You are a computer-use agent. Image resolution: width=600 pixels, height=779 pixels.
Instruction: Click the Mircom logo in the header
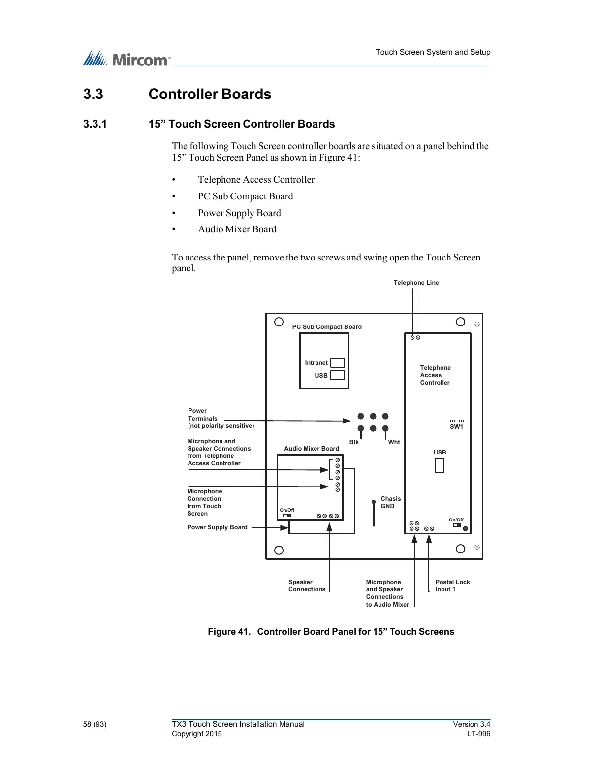[x=126, y=59]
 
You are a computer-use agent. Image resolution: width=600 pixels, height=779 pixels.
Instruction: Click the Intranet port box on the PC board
[x=337, y=363]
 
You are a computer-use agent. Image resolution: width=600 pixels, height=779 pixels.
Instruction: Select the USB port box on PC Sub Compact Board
[x=337, y=375]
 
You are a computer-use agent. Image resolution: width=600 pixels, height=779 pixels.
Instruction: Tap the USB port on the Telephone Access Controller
[x=440, y=465]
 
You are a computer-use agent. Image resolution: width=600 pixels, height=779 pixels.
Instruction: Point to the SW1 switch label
[x=456, y=427]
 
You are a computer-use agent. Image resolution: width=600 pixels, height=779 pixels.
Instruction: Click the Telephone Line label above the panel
[x=416, y=283]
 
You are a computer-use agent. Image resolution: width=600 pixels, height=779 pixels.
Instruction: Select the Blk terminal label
[x=354, y=442]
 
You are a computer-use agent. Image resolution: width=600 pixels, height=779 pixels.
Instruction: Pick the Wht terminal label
[x=394, y=442]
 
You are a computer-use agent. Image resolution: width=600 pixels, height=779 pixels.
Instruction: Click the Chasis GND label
[x=390, y=502]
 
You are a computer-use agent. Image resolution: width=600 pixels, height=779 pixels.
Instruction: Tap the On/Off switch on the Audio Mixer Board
[x=287, y=516]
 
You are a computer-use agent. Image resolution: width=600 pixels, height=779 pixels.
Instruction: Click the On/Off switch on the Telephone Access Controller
[x=457, y=525]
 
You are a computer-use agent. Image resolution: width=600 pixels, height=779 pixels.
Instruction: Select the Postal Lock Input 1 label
[x=452, y=585]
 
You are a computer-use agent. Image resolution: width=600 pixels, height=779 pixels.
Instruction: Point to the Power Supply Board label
[x=217, y=527]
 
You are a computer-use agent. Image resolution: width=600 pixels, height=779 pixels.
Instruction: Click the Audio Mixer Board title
[x=312, y=449]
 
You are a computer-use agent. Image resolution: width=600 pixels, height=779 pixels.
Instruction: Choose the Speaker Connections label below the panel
[x=307, y=585]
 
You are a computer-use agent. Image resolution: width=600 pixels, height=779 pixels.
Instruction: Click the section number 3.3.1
[x=95, y=124]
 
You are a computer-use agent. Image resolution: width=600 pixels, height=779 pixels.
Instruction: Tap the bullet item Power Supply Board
[x=239, y=213]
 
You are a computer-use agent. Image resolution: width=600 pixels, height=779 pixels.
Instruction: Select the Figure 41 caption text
[x=331, y=632]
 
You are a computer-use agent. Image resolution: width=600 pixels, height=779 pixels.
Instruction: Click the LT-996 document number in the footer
[x=478, y=734]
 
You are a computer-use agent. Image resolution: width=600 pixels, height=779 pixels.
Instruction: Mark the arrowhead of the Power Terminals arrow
[x=347, y=421]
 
